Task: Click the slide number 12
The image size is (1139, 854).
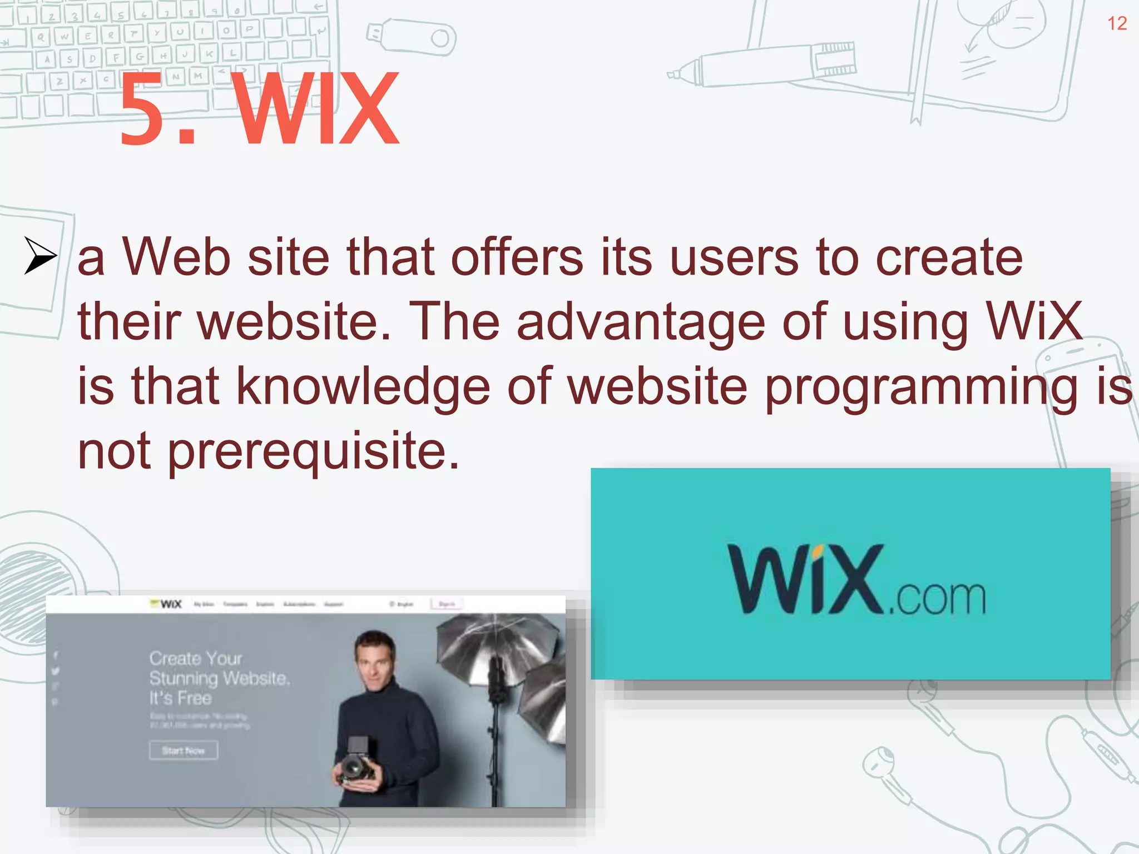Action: click(1117, 23)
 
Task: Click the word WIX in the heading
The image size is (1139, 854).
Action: click(318, 110)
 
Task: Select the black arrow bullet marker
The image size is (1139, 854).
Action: click(40, 256)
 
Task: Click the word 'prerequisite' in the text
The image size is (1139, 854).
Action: click(314, 451)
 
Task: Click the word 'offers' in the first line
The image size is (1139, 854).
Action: click(517, 258)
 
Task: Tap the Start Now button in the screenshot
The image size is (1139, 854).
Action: click(183, 751)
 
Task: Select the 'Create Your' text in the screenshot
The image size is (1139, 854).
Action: click(196, 659)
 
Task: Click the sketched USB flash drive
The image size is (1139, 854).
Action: click(412, 38)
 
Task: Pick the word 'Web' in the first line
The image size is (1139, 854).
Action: click(176, 258)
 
